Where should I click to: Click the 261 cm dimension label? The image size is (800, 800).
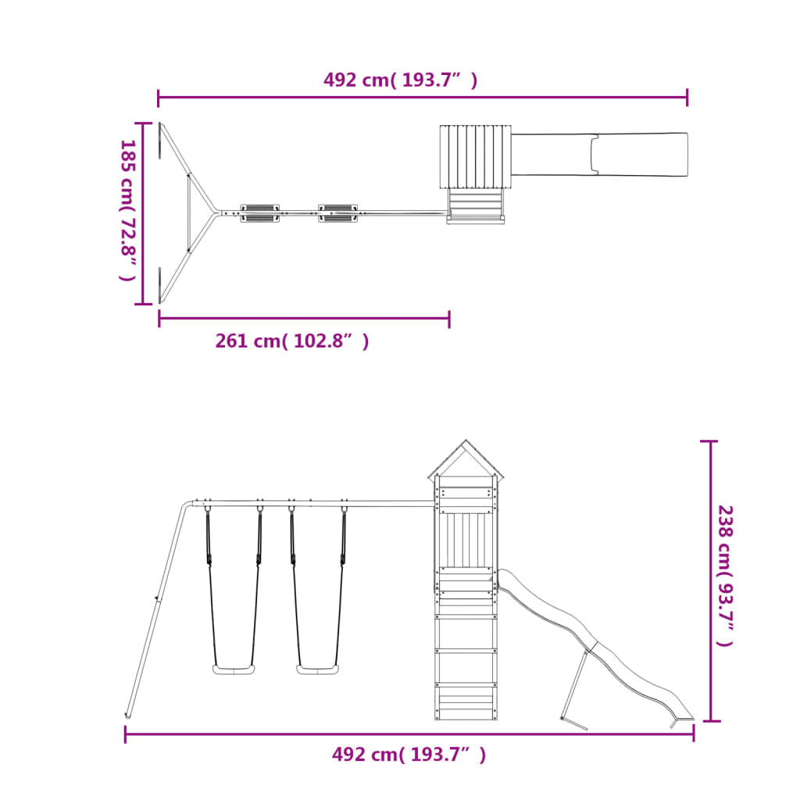point(292,341)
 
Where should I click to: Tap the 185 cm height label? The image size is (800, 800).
point(127,209)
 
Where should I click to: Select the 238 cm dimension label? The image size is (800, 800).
point(725,576)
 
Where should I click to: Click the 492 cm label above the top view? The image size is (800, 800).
point(401,80)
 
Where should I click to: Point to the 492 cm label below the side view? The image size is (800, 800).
point(409,754)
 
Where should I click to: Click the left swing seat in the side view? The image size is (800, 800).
point(234,670)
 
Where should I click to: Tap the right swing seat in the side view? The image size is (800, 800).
point(318,670)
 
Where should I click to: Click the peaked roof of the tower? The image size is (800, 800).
point(466,459)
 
